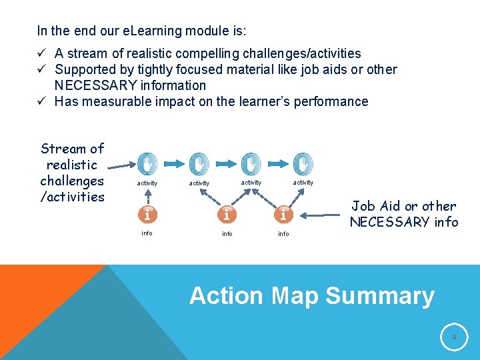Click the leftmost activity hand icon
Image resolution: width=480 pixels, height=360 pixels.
click(147, 163)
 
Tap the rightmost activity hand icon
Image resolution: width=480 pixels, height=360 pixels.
click(303, 163)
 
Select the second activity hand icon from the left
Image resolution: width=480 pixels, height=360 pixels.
click(199, 163)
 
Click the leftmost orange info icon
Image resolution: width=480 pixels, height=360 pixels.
click(147, 215)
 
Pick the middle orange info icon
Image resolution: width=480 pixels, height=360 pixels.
click(227, 215)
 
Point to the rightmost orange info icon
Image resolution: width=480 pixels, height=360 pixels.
click(283, 215)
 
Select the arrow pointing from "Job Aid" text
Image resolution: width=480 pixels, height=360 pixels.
click(323, 215)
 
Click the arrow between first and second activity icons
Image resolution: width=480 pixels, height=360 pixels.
click(173, 163)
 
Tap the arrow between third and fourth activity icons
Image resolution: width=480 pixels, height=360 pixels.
click(277, 163)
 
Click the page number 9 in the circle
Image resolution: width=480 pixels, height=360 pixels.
click(454, 338)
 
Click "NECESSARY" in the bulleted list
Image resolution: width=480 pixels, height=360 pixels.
click(97, 85)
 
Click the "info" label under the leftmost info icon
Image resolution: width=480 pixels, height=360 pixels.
click(147, 233)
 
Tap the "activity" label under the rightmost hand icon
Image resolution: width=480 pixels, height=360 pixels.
click(303, 183)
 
